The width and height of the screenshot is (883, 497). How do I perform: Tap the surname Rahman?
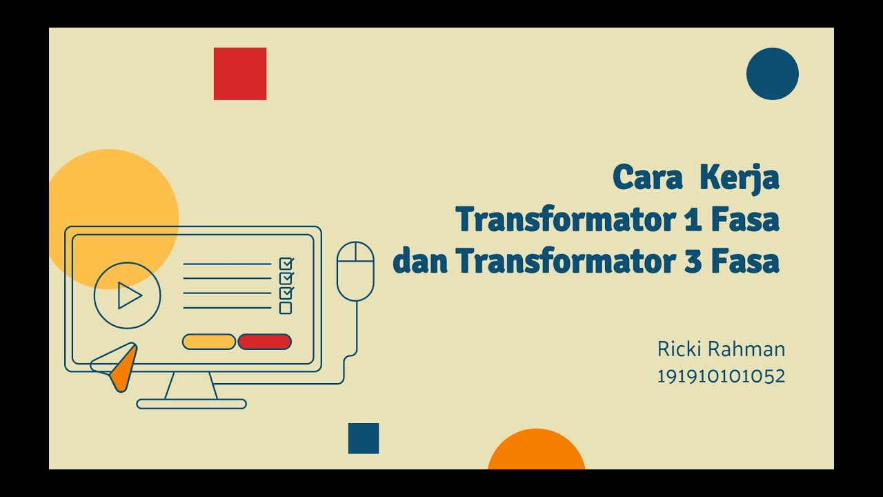pos(751,349)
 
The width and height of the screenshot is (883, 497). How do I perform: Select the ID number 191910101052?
pos(721,376)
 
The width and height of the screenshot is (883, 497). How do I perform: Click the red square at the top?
pos(240,74)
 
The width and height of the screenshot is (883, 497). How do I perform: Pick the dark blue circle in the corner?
pos(772,74)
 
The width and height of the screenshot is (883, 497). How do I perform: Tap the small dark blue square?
pos(364,438)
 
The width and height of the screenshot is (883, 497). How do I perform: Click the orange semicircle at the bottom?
pos(536,452)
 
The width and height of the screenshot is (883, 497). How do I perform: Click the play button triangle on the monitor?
pos(129,295)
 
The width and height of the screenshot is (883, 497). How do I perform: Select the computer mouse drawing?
pos(355,271)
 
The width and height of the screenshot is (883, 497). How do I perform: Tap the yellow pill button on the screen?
pos(208,342)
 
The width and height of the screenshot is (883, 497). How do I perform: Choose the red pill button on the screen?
pos(264,342)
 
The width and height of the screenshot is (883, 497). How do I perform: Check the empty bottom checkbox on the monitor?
pos(286,308)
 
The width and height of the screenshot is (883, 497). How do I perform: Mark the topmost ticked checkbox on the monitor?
pos(286,264)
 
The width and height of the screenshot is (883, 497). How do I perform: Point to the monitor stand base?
pos(191,404)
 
